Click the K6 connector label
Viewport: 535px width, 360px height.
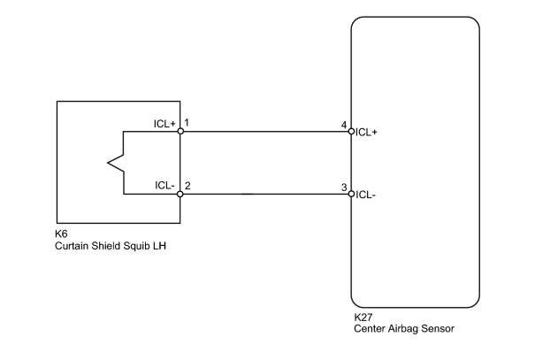click(x=61, y=234)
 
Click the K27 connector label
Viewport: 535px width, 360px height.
click(x=363, y=317)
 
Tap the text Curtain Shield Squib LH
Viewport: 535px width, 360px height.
click(x=111, y=246)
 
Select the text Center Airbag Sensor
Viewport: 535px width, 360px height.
click(x=404, y=329)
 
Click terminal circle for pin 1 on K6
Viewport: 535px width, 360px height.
click(x=180, y=132)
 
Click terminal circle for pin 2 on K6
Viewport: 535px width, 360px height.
click(x=180, y=195)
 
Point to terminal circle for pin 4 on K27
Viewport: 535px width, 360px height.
click(x=351, y=132)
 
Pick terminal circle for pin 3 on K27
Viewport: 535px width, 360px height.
click(x=351, y=195)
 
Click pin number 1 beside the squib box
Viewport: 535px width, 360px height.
click(x=187, y=122)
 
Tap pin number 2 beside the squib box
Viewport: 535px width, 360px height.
click(x=187, y=186)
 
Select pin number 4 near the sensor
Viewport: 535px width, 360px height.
click(x=344, y=125)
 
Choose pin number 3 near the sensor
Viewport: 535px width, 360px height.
click(x=344, y=188)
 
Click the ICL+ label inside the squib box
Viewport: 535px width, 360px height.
click(x=164, y=124)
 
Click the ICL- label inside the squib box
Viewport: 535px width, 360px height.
click(x=164, y=185)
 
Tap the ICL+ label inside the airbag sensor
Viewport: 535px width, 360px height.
click(x=366, y=133)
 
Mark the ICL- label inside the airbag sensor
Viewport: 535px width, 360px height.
click(x=365, y=195)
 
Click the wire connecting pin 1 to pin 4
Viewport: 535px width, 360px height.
click(x=266, y=132)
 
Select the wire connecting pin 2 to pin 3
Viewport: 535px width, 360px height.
click(x=266, y=195)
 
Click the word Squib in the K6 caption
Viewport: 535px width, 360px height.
click(x=136, y=246)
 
